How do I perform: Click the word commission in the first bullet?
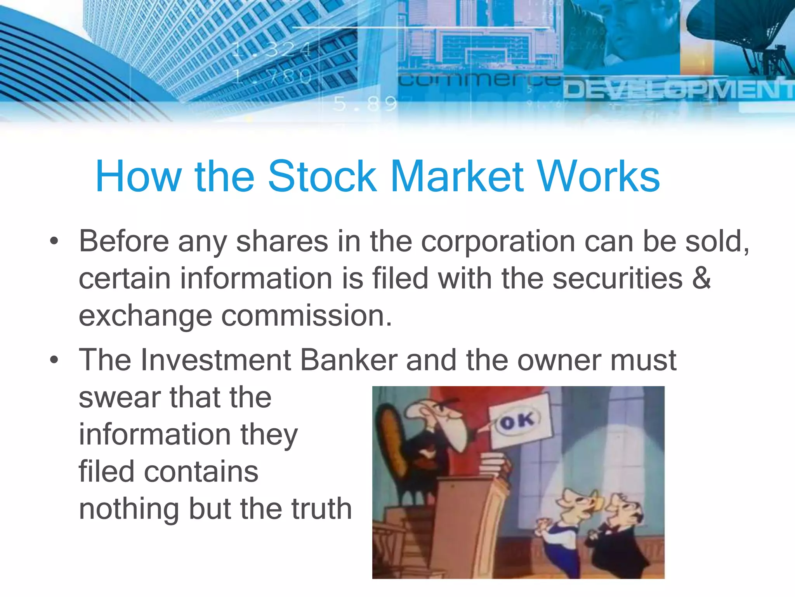tap(306, 315)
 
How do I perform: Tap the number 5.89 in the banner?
tap(365, 104)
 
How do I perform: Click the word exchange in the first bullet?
tap(145, 315)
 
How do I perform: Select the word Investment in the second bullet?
tap(215, 360)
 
